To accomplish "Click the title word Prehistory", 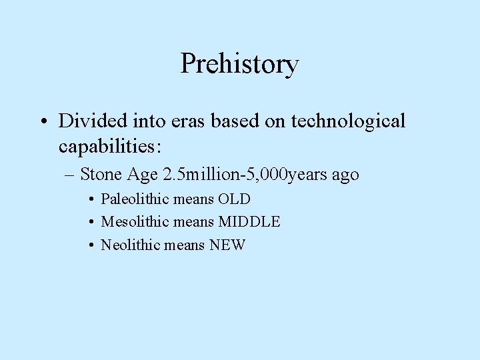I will coord(239,65).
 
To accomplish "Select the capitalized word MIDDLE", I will coord(249,222).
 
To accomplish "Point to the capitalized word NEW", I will coord(227,245).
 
